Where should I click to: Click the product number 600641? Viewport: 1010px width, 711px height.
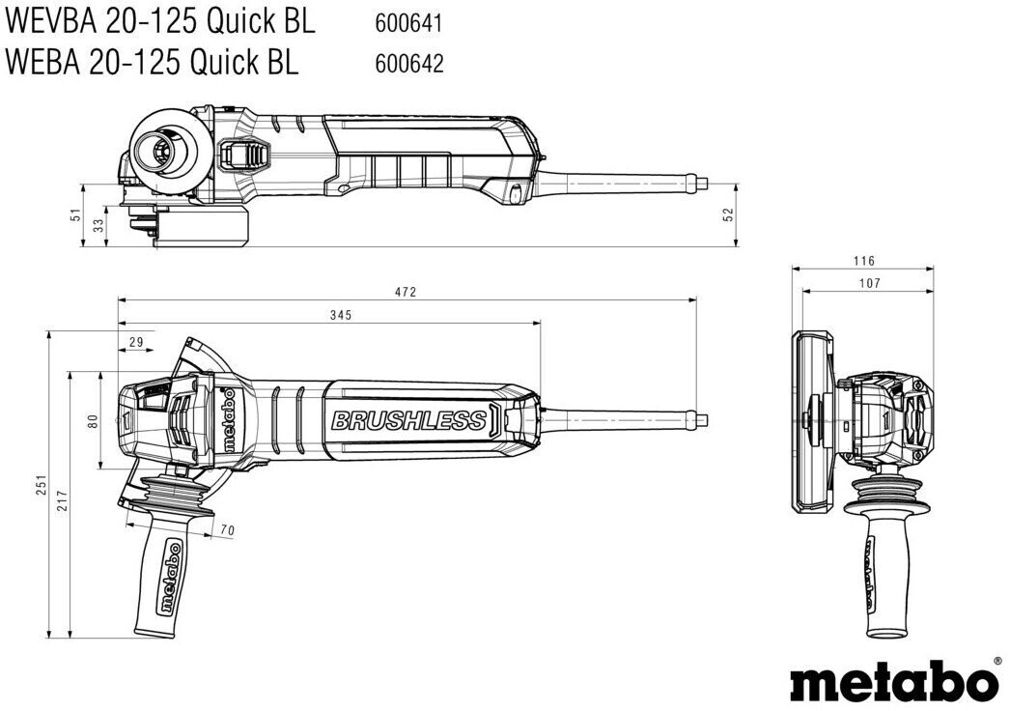tap(408, 20)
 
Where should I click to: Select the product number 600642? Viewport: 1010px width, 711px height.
tap(408, 64)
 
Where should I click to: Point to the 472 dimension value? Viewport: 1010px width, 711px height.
tap(407, 292)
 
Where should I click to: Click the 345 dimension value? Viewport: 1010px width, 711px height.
tap(340, 315)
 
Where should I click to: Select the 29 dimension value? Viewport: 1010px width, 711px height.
tap(135, 341)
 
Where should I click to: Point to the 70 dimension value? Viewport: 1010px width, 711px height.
tap(227, 529)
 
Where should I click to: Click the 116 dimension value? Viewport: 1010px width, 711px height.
tap(864, 261)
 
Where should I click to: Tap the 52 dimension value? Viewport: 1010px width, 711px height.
tap(730, 213)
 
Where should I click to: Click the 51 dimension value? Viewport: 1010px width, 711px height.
tap(75, 216)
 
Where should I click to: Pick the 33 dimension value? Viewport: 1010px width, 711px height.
tap(98, 225)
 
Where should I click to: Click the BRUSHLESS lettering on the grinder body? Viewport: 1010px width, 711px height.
tap(408, 420)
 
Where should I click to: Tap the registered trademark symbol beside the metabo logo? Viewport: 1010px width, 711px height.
tap(997, 661)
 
